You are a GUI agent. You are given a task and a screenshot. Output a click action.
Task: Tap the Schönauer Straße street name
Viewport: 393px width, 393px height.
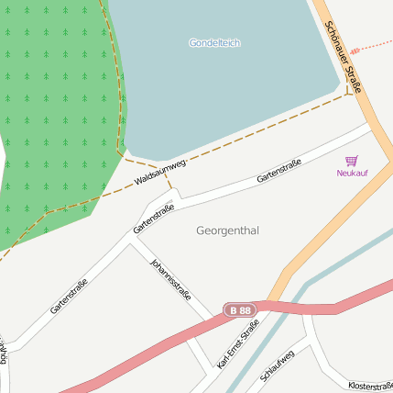pos(344,58)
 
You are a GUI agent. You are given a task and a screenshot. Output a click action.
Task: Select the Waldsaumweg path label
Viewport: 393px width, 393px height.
pos(160,172)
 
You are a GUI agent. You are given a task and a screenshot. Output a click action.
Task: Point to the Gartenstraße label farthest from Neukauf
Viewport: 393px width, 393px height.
pos(70,297)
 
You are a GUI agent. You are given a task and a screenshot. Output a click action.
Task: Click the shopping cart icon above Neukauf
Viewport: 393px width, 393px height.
pos(351,161)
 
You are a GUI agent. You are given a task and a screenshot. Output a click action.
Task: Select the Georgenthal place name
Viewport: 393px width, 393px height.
pos(227,230)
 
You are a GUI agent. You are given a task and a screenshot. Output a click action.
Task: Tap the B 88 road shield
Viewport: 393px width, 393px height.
pos(241,310)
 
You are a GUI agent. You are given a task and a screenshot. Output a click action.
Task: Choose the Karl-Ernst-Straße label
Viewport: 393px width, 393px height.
pos(238,344)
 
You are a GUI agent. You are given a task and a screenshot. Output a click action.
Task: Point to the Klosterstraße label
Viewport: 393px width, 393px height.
pos(370,387)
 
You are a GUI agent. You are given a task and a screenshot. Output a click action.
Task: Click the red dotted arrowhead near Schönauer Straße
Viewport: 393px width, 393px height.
pos(355,48)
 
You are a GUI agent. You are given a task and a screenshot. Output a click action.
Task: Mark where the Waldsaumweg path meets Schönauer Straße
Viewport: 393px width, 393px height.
pos(353,92)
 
